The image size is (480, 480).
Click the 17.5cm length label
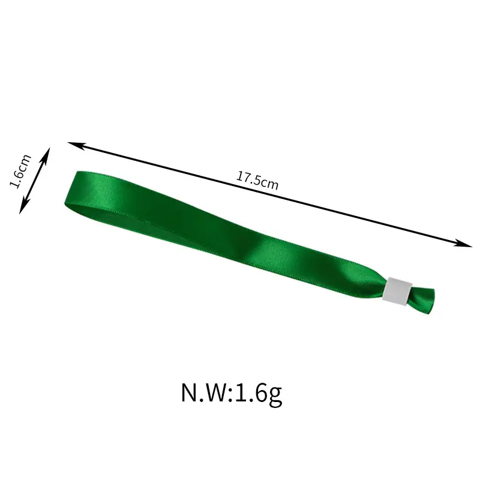(x=257, y=181)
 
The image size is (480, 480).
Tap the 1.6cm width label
(x=20, y=172)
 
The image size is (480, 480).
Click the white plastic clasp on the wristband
(x=397, y=292)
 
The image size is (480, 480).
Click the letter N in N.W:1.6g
(x=191, y=392)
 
